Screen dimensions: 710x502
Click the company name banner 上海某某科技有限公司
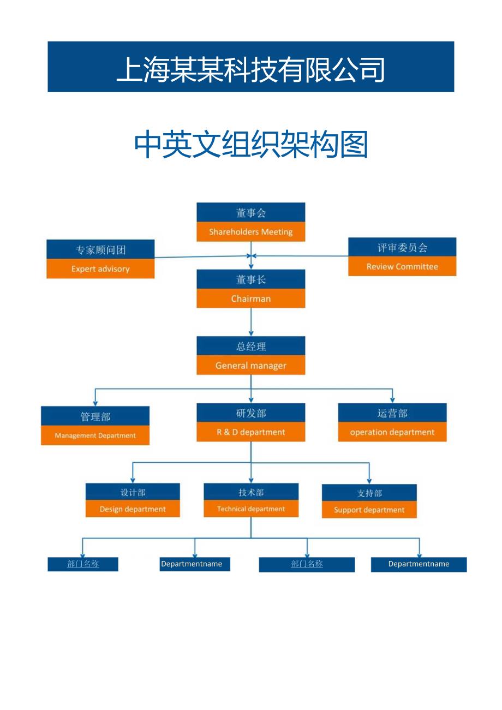pos(251,67)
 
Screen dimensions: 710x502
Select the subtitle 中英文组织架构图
pos(251,145)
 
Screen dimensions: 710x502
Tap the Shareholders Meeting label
pos(250,232)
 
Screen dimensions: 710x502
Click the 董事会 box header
pos(250,213)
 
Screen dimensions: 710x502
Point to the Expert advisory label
pos(100,269)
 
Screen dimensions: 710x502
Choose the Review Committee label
pos(402,267)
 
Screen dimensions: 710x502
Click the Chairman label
pos(250,299)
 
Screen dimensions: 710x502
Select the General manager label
pos(250,366)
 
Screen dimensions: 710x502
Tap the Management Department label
pos(95,435)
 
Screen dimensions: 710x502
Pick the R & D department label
pos(250,432)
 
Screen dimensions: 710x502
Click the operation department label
pos(392,432)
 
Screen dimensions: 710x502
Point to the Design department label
pos(133,509)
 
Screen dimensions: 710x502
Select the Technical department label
pos(251,509)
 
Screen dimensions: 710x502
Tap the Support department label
pos(369,510)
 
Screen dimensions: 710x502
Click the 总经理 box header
pos(250,346)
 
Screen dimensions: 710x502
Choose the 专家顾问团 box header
pos(100,250)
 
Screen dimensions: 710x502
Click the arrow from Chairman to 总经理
pos(251,322)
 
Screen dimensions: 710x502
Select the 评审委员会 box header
pos(402,247)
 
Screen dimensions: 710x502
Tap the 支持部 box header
pos(369,493)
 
